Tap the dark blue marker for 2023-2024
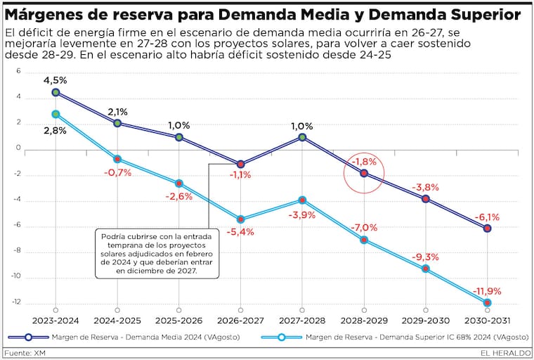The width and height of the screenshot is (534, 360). coord(56,92)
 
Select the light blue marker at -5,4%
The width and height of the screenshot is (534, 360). coord(240,219)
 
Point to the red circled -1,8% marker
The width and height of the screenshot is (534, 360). coord(364,172)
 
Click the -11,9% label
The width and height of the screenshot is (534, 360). coord(487,290)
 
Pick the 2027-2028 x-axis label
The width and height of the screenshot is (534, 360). coord(302,319)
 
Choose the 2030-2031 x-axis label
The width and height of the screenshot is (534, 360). coord(487,319)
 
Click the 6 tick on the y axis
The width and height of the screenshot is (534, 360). coord(19,71)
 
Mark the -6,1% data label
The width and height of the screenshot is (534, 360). coord(487,217)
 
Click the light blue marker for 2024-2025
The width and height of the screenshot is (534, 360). coord(117,159)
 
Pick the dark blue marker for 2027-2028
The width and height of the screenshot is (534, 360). coord(302,137)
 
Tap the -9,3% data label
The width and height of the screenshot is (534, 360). coord(426,257)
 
